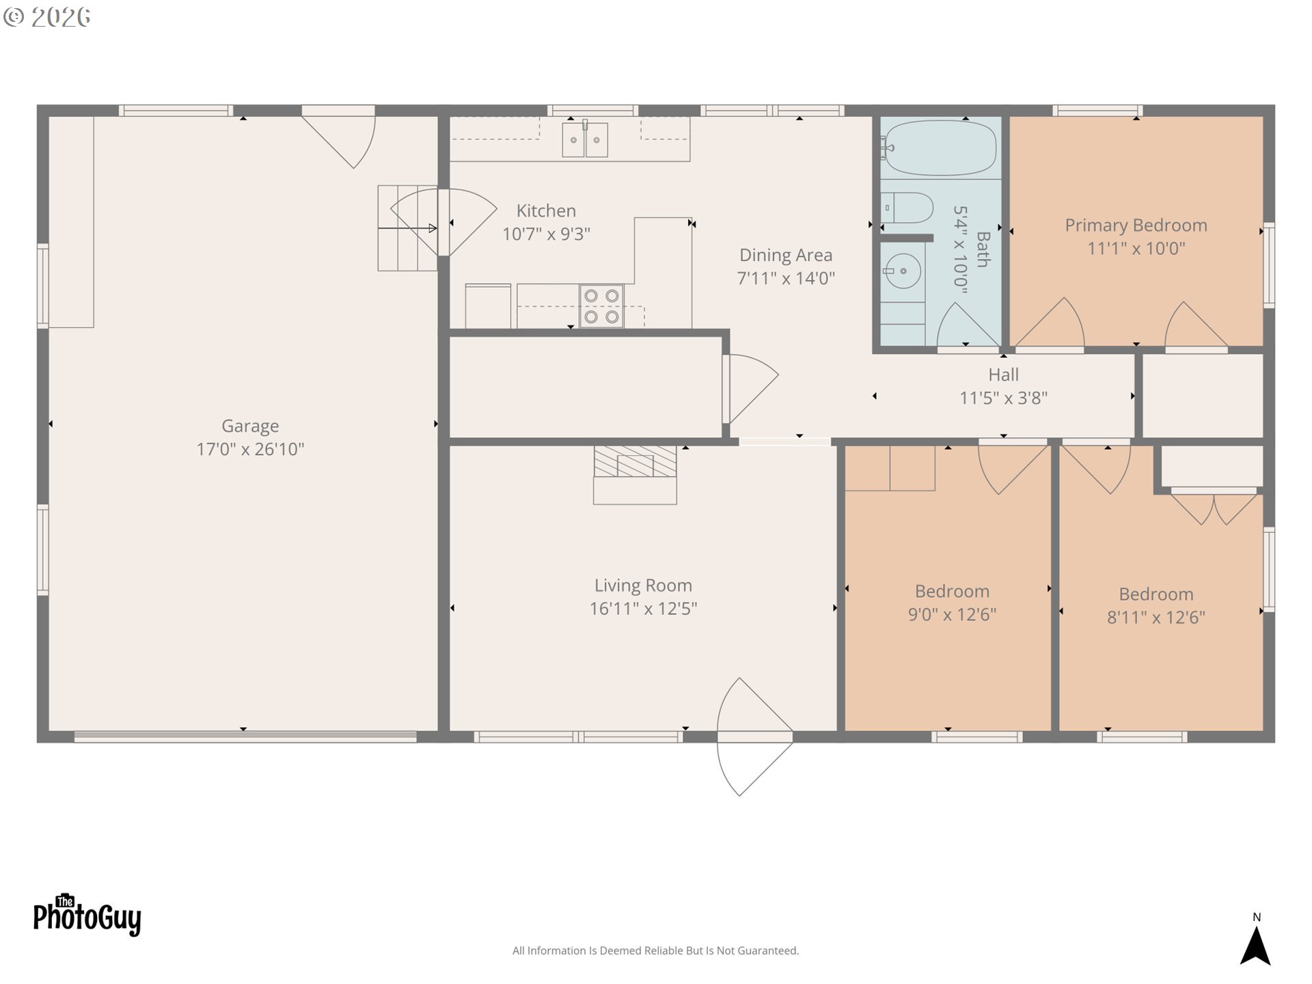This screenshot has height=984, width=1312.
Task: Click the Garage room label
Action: coord(250,426)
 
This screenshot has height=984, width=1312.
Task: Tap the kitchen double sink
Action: coord(585,140)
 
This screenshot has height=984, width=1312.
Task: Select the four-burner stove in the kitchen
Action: coord(601,306)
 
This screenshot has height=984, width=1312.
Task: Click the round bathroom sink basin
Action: coord(903,271)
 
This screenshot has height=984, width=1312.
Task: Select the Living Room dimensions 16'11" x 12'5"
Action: coord(643,609)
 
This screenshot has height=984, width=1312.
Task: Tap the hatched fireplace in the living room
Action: coord(635,462)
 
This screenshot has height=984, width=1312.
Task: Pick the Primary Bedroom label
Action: coord(1136,225)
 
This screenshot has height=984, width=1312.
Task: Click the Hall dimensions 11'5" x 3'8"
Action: coord(1003,398)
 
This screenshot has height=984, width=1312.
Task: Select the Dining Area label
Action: coord(786,256)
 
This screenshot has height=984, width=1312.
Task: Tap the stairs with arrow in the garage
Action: coord(407,228)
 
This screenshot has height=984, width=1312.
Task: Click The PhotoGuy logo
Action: coord(87,916)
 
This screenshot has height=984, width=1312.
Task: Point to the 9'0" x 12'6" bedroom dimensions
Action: coord(952,614)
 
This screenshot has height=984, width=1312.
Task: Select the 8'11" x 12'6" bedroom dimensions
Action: coord(1156,618)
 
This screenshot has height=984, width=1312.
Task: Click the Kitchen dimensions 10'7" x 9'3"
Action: coord(546,234)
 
